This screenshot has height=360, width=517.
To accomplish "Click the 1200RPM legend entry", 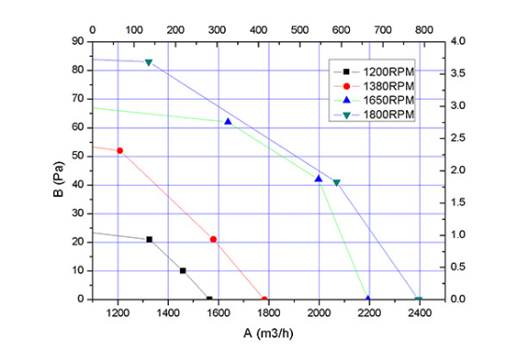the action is tap(374, 72).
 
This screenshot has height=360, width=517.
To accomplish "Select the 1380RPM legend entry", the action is tap(374, 86).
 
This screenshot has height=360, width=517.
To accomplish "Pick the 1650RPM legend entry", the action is tap(374, 100).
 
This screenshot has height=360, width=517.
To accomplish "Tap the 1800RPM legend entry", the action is tap(374, 115).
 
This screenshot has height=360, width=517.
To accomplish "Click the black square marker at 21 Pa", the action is tap(149, 240).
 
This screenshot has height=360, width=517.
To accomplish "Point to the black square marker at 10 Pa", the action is tap(183, 270).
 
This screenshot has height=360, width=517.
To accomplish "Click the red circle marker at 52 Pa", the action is tap(119, 151).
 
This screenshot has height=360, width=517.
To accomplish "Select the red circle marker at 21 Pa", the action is tap(214, 240).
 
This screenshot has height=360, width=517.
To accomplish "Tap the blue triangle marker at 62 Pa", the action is tap(228, 122).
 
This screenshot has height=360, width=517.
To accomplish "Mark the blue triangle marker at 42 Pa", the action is tap(318, 179).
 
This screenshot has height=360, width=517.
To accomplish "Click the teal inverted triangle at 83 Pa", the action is tap(148, 62).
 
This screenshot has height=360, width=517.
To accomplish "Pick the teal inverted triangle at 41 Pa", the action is tap(336, 183).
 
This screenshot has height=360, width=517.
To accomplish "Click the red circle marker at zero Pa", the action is tap(264, 299).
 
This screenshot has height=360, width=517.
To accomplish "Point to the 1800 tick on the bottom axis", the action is tap(269, 312).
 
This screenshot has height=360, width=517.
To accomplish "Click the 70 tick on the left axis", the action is tap(77, 99).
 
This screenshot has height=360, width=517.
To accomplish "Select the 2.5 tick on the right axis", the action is tap(457, 138).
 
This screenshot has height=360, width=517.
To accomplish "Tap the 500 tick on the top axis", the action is tap(300, 30).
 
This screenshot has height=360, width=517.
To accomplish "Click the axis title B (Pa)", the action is tap(58, 179).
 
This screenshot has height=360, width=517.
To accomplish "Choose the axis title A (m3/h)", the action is tap(269, 334).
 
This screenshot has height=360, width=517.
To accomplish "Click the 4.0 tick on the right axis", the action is tap(457, 41).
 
